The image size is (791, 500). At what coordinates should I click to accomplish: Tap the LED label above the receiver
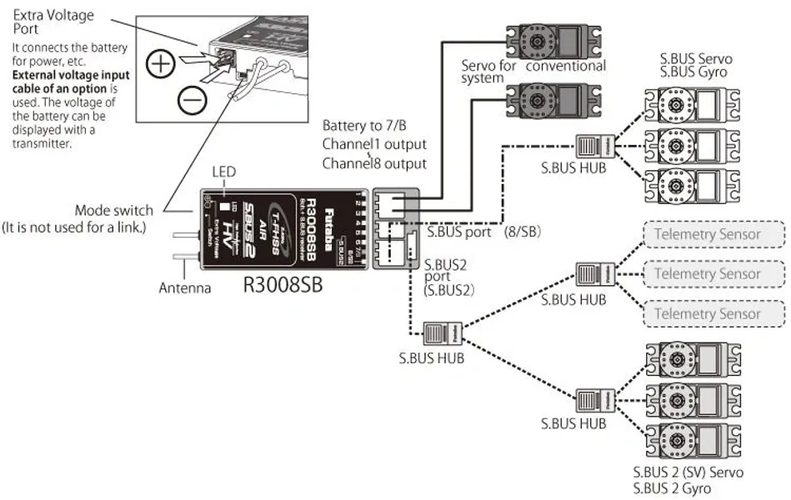tap(223, 172)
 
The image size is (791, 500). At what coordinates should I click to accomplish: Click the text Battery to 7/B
tap(365, 125)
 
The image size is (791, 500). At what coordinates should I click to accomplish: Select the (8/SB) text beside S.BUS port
tap(523, 232)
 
